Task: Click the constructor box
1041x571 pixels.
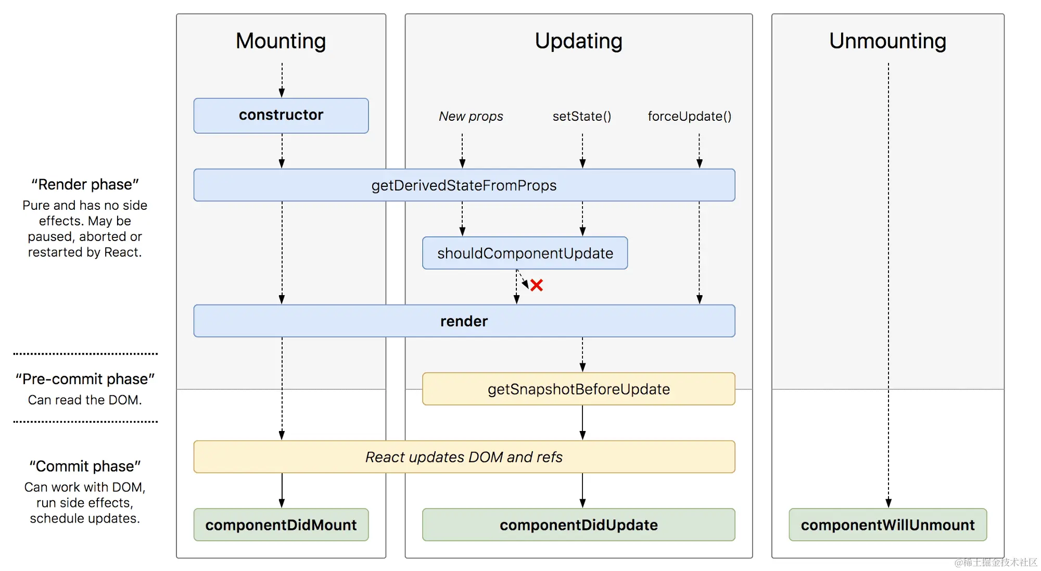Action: [x=281, y=116]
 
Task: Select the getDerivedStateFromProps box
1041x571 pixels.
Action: [x=464, y=185]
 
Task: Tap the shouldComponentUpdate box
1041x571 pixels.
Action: [x=525, y=253]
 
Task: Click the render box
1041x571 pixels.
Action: [x=464, y=321]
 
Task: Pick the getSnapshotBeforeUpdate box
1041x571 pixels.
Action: [x=579, y=389]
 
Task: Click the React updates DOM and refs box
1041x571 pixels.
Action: [x=464, y=456]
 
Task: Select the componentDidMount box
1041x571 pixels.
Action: [x=281, y=525]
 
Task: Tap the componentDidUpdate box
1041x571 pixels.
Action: [x=579, y=525]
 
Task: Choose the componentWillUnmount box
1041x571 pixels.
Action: [x=888, y=525]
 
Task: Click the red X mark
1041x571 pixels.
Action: [x=537, y=285]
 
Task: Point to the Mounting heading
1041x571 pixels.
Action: [x=281, y=41]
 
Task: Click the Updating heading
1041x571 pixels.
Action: [x=579, y=42]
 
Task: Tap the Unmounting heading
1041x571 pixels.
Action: [x=888, y=41]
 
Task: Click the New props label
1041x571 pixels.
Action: [x=471, y=116]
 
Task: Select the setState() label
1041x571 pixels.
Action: [x=582, y=116]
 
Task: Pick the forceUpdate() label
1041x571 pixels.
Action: [x=690, y=116]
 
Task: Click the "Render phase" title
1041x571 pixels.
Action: [x=85, y=184]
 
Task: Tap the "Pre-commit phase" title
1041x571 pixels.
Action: [x=85, y=379]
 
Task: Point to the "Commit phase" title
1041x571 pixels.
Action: [x=85, y=466]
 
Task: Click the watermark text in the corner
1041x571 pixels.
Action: [x=996, y=562]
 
